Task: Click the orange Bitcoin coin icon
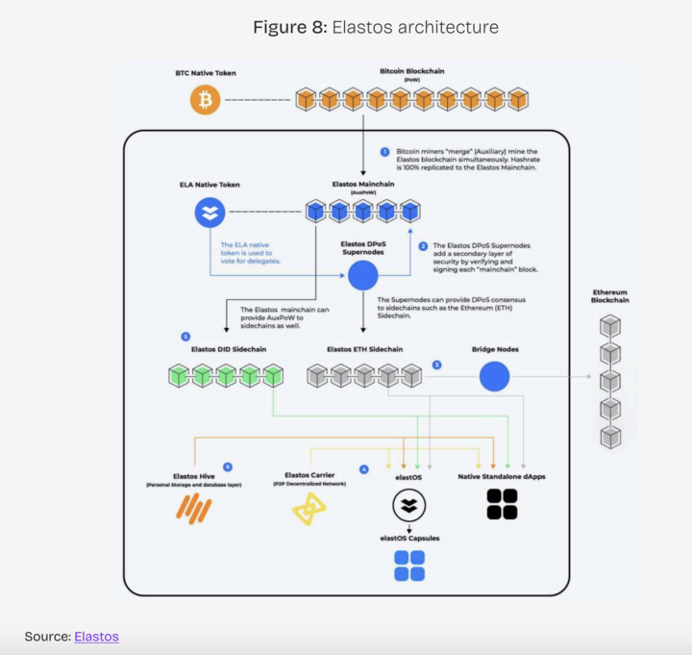tap(205, 100)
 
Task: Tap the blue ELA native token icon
tap(210, 212)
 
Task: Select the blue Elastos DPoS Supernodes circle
tap(362, 276)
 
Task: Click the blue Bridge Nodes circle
tap(494, 376)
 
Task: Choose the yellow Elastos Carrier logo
tap(309, 509)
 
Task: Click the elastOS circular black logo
tap(408, 505)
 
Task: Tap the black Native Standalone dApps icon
tap(502, 504)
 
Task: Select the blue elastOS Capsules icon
tap(408, 566)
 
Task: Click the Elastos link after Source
tap(96, 636)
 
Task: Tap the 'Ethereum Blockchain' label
tap(609, 295)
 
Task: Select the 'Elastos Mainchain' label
tap(362, 184)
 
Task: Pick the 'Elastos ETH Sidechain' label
tap(364, 349)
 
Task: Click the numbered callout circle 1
tap(384, 153)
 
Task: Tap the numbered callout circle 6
tap(227, 466)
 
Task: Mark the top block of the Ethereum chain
tap(609, 327)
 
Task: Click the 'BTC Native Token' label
tap(205, 73)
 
